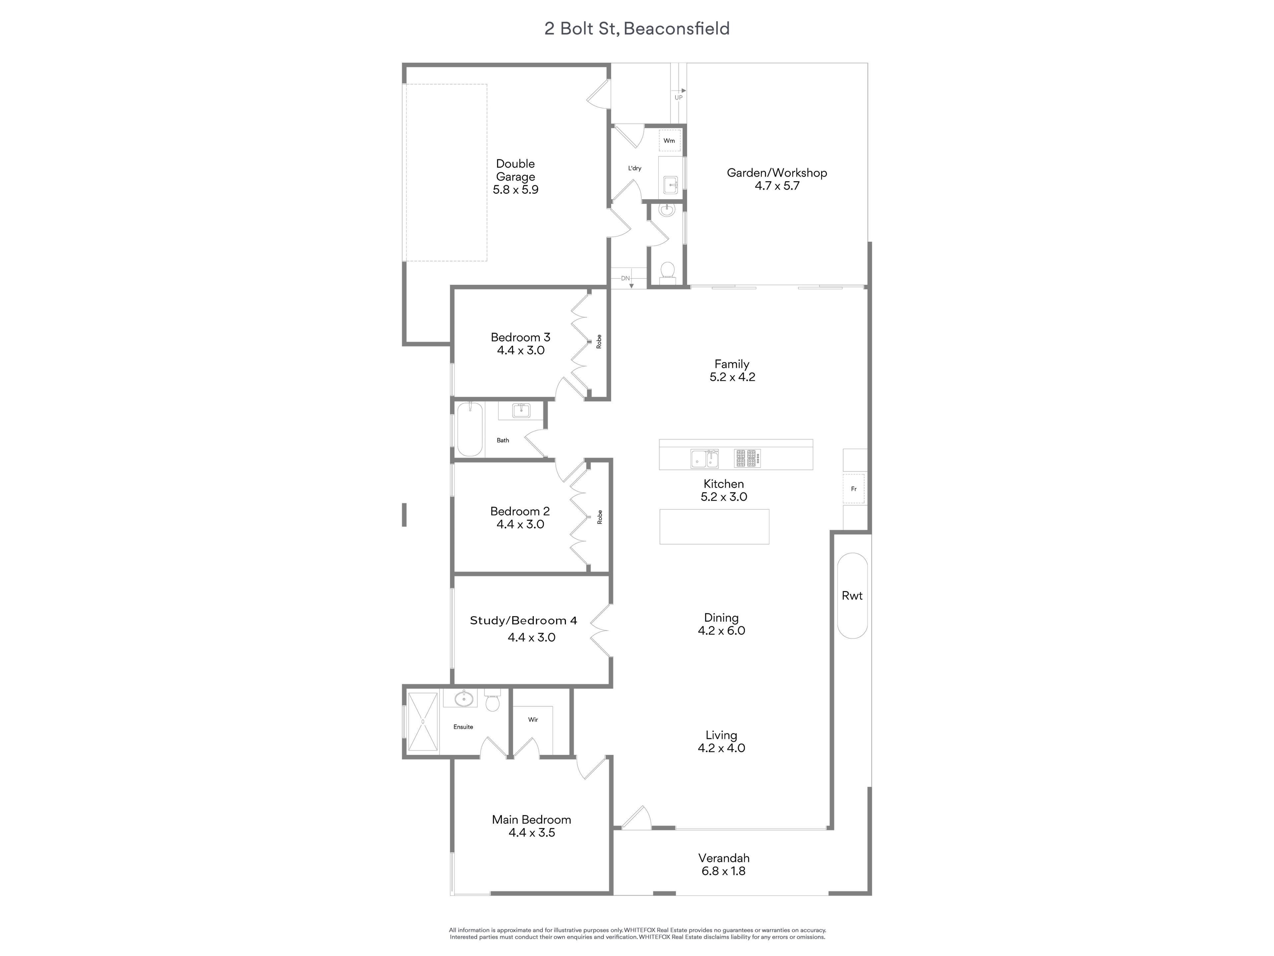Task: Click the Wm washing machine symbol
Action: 669,141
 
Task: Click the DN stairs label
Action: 625,278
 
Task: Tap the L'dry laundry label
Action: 635,168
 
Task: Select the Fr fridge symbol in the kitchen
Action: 854,489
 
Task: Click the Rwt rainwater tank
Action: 852,596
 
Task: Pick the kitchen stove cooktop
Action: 747,458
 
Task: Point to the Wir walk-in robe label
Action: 533,720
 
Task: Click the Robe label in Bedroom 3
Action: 599,342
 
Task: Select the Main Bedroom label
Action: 531,820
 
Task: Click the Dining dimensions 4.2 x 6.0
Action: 722,630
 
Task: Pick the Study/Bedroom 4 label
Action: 524,621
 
